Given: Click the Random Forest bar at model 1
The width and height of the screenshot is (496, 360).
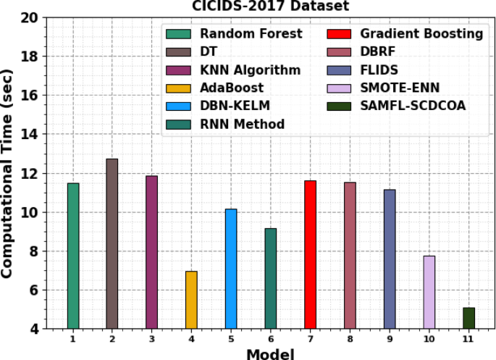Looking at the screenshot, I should click(x=73, y=256).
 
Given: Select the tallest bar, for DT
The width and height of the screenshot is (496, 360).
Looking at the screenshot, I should click(x=112, y=243).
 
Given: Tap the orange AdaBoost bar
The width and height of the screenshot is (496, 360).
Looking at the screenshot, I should click(x=191, y=300).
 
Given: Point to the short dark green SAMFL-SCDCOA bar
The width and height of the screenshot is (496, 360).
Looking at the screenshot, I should click(x=468, y=318).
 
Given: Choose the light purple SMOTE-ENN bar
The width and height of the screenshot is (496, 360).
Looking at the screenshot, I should click(x=429, y=292).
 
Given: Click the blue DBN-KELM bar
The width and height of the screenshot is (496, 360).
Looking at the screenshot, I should click(x=231, y=269).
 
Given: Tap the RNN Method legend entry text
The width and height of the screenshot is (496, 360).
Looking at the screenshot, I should click(x=242, y=125).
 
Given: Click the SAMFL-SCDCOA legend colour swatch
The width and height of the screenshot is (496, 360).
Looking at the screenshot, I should click(x=339, y=106).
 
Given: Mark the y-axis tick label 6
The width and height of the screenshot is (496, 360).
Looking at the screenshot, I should click(x=33, y=290).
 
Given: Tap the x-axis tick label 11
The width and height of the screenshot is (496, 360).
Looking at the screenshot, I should click(x=468, y=338).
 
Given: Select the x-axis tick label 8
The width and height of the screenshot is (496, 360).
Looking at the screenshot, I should click(x=350, y=338).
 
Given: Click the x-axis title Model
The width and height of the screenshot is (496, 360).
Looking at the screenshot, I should click(x=271, y=353).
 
